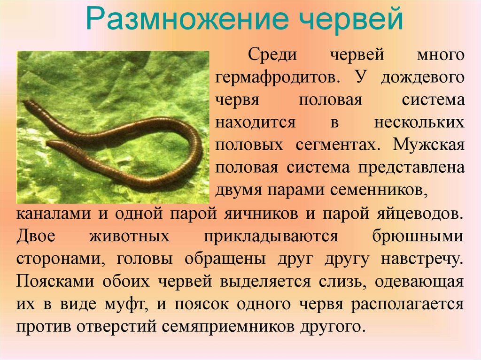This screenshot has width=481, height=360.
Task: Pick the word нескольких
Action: tap(419, 122)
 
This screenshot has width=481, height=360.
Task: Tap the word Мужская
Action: tap(428, 144)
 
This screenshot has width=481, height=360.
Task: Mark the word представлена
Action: tap(410, 167)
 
